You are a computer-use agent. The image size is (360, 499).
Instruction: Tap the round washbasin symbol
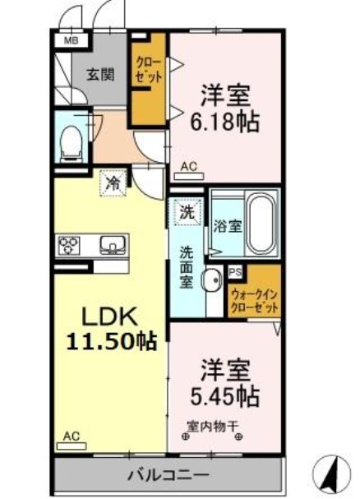pyautogui.click(x=211, y=280)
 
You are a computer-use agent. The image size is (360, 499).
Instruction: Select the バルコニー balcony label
pyautogui.click(x=168, y=475)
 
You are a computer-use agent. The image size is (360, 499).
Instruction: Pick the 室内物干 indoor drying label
pyautogui.click(x=211, y=425)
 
